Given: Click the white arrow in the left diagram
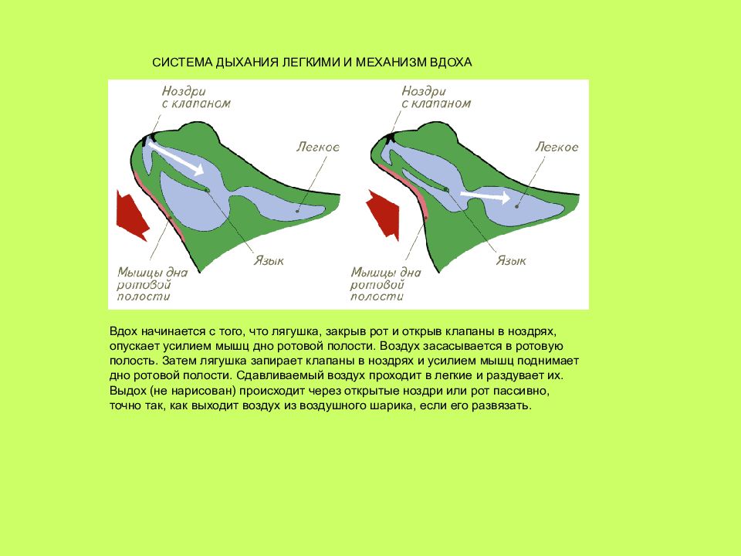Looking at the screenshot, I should tap(175, 157).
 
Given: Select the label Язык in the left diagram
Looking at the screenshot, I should tap(269, 261).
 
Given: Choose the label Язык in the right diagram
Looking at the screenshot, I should tap(511, 261).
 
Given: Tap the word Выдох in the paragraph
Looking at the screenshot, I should tap(125, 392).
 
